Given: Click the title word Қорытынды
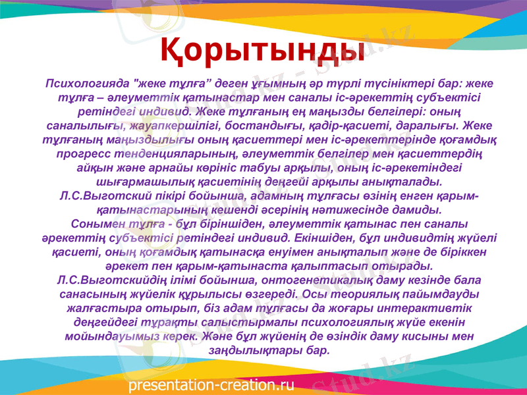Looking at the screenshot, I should tap(263, 49).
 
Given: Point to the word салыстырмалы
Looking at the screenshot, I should tap(240, 323).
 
